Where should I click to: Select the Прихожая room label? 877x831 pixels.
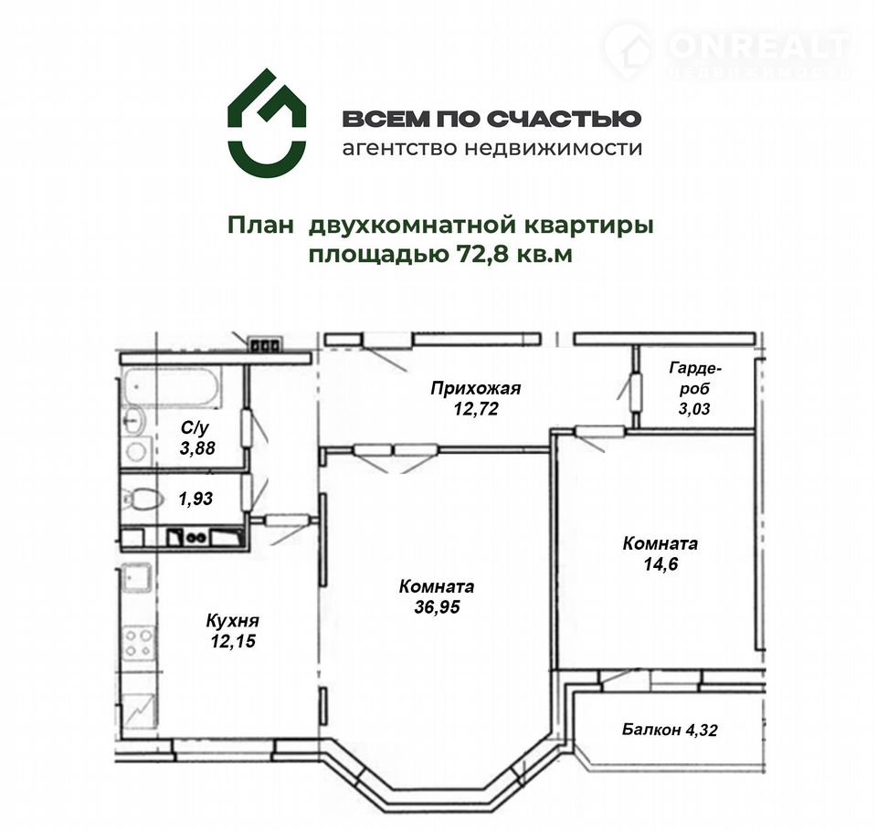(475, 387)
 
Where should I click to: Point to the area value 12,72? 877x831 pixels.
(476, 409)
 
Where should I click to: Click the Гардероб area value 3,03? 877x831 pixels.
(694, 409)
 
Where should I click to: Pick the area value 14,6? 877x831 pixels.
(660, 563)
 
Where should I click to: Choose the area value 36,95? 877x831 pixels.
(437, 606)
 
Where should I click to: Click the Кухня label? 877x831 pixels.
(233, 621)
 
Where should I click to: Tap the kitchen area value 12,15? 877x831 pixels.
(233, 641)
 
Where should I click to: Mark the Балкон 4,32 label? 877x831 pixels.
(670, 730)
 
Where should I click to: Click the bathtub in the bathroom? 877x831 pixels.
(172, 386)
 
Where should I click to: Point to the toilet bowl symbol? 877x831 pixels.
(142, 498)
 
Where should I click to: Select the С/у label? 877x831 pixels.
(195, 427)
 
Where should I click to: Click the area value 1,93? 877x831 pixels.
(195, 499)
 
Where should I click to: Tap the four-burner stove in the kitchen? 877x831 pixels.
(139, 643)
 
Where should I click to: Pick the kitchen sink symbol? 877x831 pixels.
(137, 579)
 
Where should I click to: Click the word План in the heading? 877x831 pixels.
(260, 226)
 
